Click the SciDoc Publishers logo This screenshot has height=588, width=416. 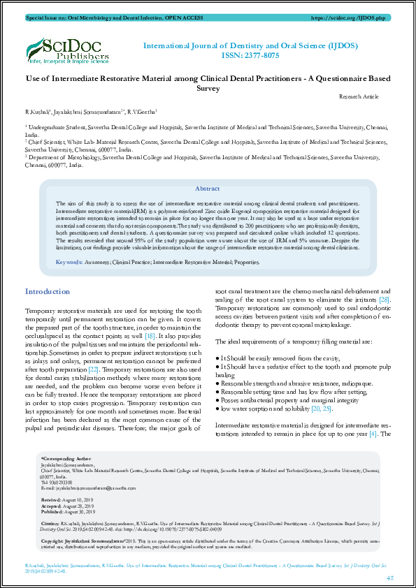click(x=67, y=50)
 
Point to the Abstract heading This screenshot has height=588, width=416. click(x=207, y=189)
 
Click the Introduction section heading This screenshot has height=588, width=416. click(x=47, y=291)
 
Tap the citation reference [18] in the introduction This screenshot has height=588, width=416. click(x=150, y=335)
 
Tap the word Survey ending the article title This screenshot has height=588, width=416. click(x=208, y=89)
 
